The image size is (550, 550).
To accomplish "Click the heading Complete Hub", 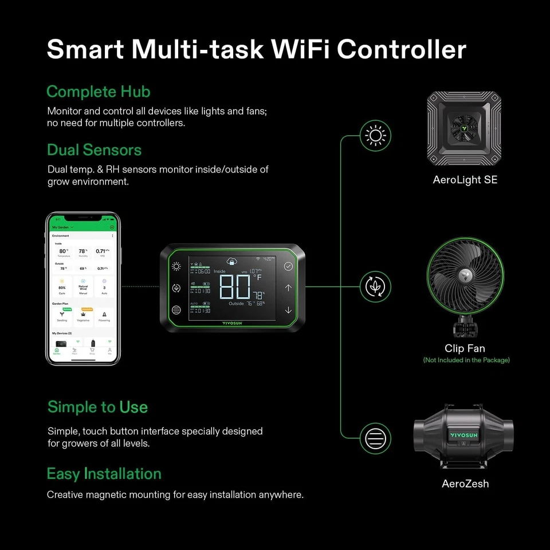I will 98,92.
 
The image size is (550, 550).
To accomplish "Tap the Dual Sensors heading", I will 94,150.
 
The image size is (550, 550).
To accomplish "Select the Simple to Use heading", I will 97,407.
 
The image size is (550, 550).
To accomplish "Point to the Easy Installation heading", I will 104,474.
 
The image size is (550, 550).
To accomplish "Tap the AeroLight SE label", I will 465,180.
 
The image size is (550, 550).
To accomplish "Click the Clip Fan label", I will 465,348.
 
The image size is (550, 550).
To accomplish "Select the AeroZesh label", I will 465,484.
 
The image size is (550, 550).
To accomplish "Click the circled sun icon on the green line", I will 375,136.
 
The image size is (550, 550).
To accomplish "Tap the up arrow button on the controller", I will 288,288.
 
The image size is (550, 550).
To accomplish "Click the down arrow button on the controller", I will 288,310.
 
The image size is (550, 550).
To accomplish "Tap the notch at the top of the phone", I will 83,217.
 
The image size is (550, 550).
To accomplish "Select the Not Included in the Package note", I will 466,360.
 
